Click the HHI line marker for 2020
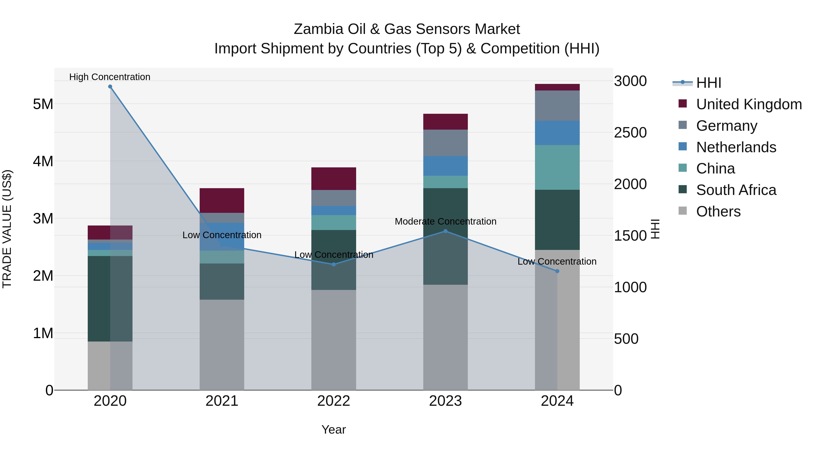pyautogui.click(x=110, y=87)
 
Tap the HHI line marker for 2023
pyautogui.click(x=445, y=231)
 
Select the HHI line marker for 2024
pyautogui.click(x=557, y=271)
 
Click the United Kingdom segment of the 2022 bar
pyautogui.click(x=334, y=179)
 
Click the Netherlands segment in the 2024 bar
pyautogui.click(x=557, y=133)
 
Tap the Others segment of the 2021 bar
pyautogui.click(x=222, y=344)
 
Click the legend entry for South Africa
pyautogui.click(x=736, y=190)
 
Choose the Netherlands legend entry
pyautogui.click(x=736, y=147)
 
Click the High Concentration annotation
pyautogui.click(x=110, y=77)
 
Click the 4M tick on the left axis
pyautogui.click(x=43, y=161)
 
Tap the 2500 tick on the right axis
pyautogui.click(x=630, y=133)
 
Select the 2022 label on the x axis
pyautogui.click(x=334, y=401)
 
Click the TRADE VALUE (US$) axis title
pyautogui.click(x=7, y=229)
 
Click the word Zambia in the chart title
pyautogui.click(x=318, y=29)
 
